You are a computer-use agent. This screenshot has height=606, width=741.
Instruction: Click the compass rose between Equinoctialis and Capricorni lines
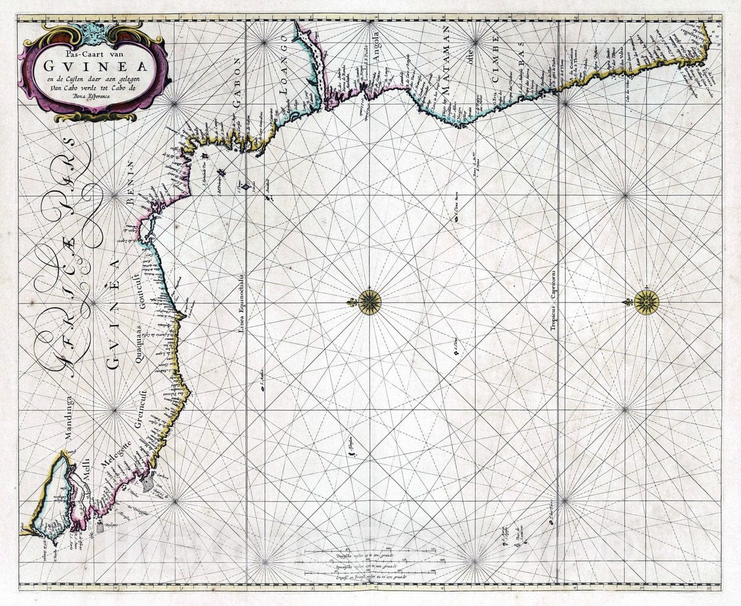point(369,302)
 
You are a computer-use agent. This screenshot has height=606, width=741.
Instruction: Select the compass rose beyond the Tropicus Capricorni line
point(646,301)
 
